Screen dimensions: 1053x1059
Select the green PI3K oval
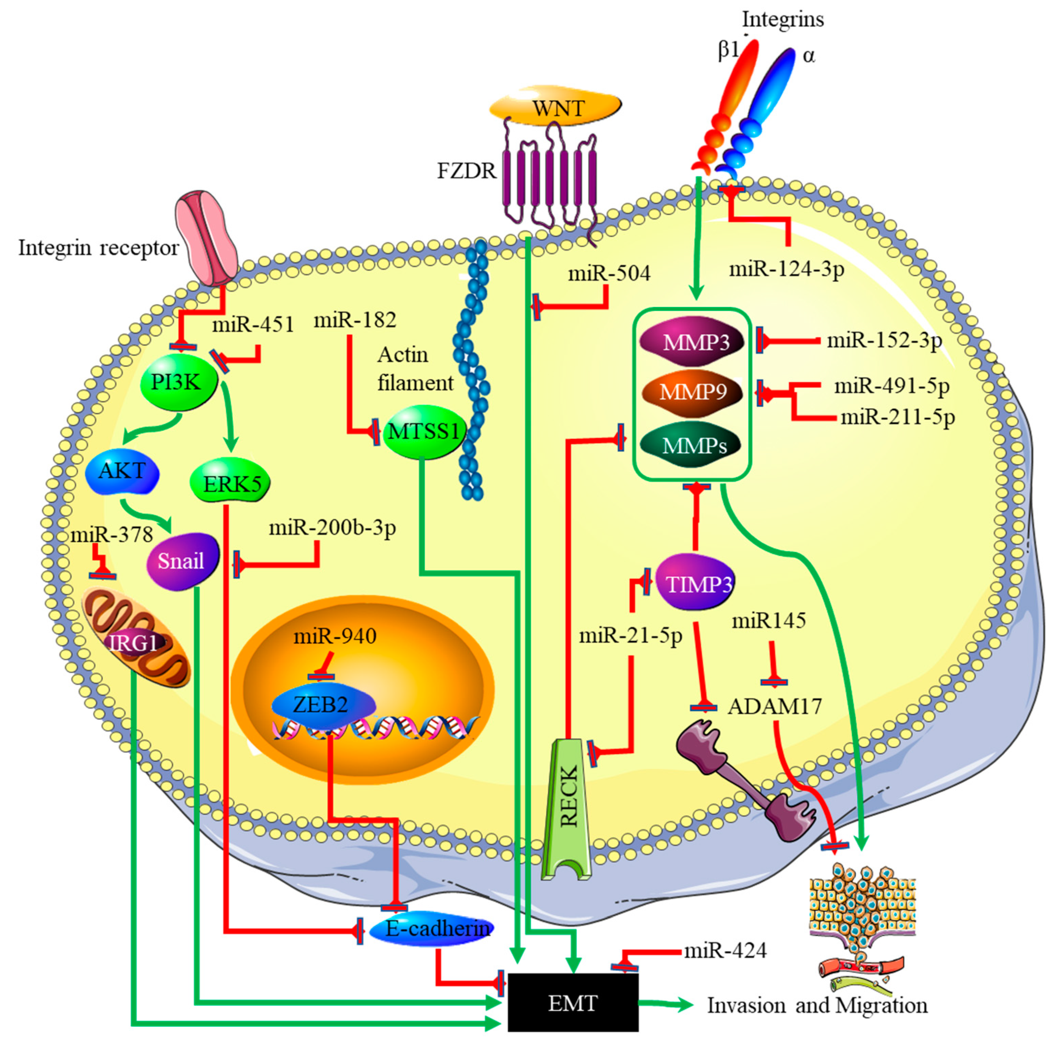point(176,382)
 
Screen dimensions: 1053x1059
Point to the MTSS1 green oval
point(423,431)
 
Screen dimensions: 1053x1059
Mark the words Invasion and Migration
point(817,1005)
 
